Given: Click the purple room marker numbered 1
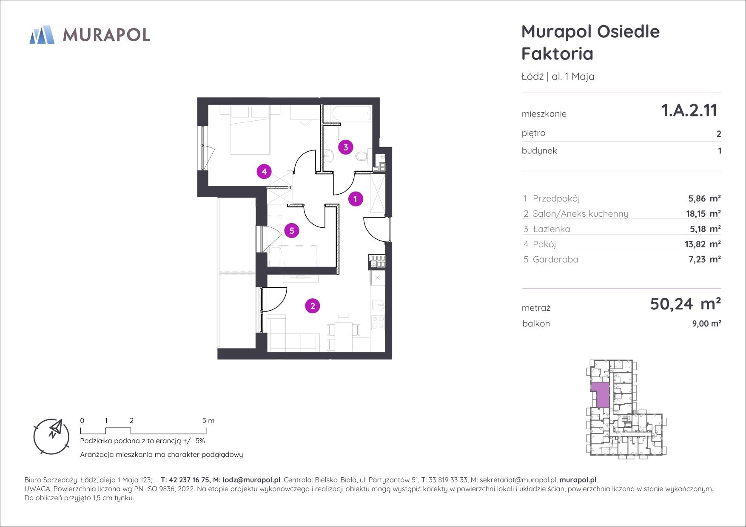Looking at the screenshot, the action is coord(356,198).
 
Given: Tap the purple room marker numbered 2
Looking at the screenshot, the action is coord(313,306).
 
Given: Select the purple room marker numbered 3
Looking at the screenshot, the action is coord(346,147).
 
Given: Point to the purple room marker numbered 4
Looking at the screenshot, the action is coord(265,172).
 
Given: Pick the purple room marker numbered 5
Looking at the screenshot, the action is coord(292,231).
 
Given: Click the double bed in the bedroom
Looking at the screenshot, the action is coord(250,130).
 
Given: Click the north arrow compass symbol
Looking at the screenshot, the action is coord(51,436).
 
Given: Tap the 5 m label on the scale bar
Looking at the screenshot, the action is coord(208,421).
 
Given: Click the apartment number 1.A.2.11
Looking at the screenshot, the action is coord(689,110).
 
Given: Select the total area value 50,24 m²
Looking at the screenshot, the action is coord(685,304).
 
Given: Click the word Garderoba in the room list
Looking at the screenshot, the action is coord(555,259).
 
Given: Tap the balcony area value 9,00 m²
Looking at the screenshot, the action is coord(706,323).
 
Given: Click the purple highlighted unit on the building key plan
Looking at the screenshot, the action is coord(600,394).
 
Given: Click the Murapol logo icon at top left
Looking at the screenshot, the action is coord(42,34).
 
